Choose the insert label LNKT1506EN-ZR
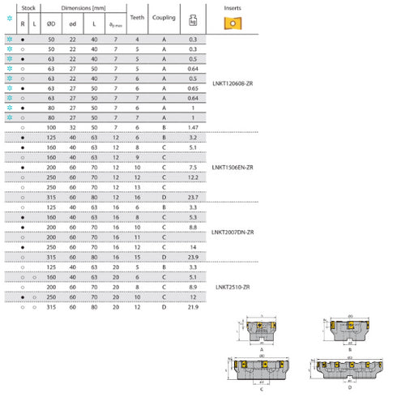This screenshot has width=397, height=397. coord(233,167)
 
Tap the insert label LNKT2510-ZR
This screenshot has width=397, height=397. coord(233,286)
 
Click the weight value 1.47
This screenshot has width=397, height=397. coord(193,128)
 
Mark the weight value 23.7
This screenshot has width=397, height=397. coord(193,197)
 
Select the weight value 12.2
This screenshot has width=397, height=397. coord(193,177)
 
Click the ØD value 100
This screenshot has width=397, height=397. coord(52,128)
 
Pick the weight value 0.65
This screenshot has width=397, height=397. coord(193,88)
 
